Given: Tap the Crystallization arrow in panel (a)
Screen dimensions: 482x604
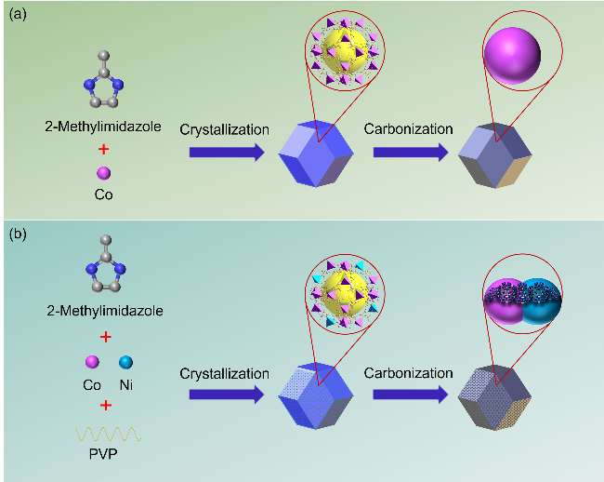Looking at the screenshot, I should tap(224, 151).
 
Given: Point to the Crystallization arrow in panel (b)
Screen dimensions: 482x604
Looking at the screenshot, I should tap(224, 394).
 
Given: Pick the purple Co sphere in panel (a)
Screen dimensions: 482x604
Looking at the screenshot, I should tap(103, 173).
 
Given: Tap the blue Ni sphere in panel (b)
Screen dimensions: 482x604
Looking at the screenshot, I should tap(125, 360).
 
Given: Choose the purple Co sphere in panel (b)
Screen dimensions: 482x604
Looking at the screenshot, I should tap(91, 360).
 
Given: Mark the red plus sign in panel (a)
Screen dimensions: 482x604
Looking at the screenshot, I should tap(103, 148).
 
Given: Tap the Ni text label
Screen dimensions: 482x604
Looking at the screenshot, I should tap(125, 383).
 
